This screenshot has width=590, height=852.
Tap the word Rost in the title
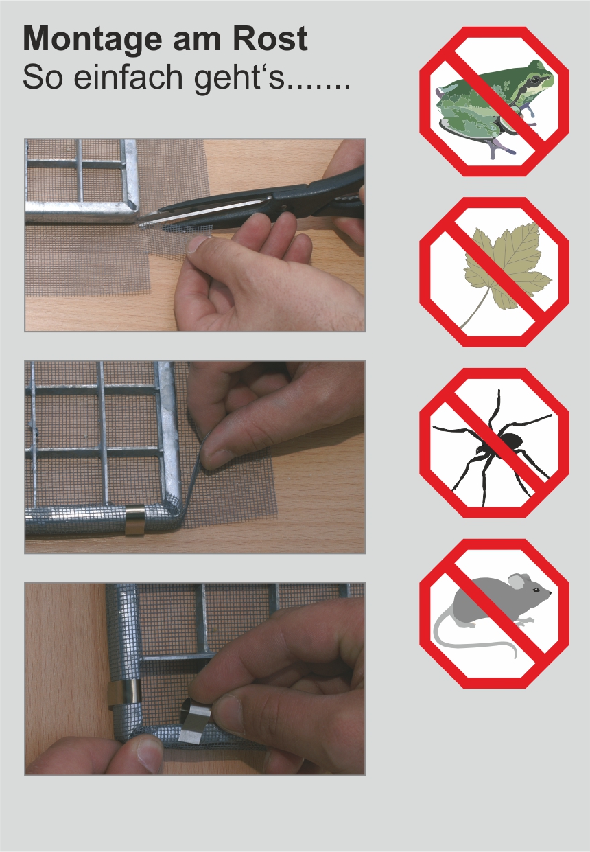(x=270, y=38)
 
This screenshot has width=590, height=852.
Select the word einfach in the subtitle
(x=129, y=76)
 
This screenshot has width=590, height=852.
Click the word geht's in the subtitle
(x=239, y=79)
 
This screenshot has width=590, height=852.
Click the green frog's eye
(x=535, y=80)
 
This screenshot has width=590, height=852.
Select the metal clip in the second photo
(x=135, y=520)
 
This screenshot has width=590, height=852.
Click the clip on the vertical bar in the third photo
(x=125, y=693)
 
